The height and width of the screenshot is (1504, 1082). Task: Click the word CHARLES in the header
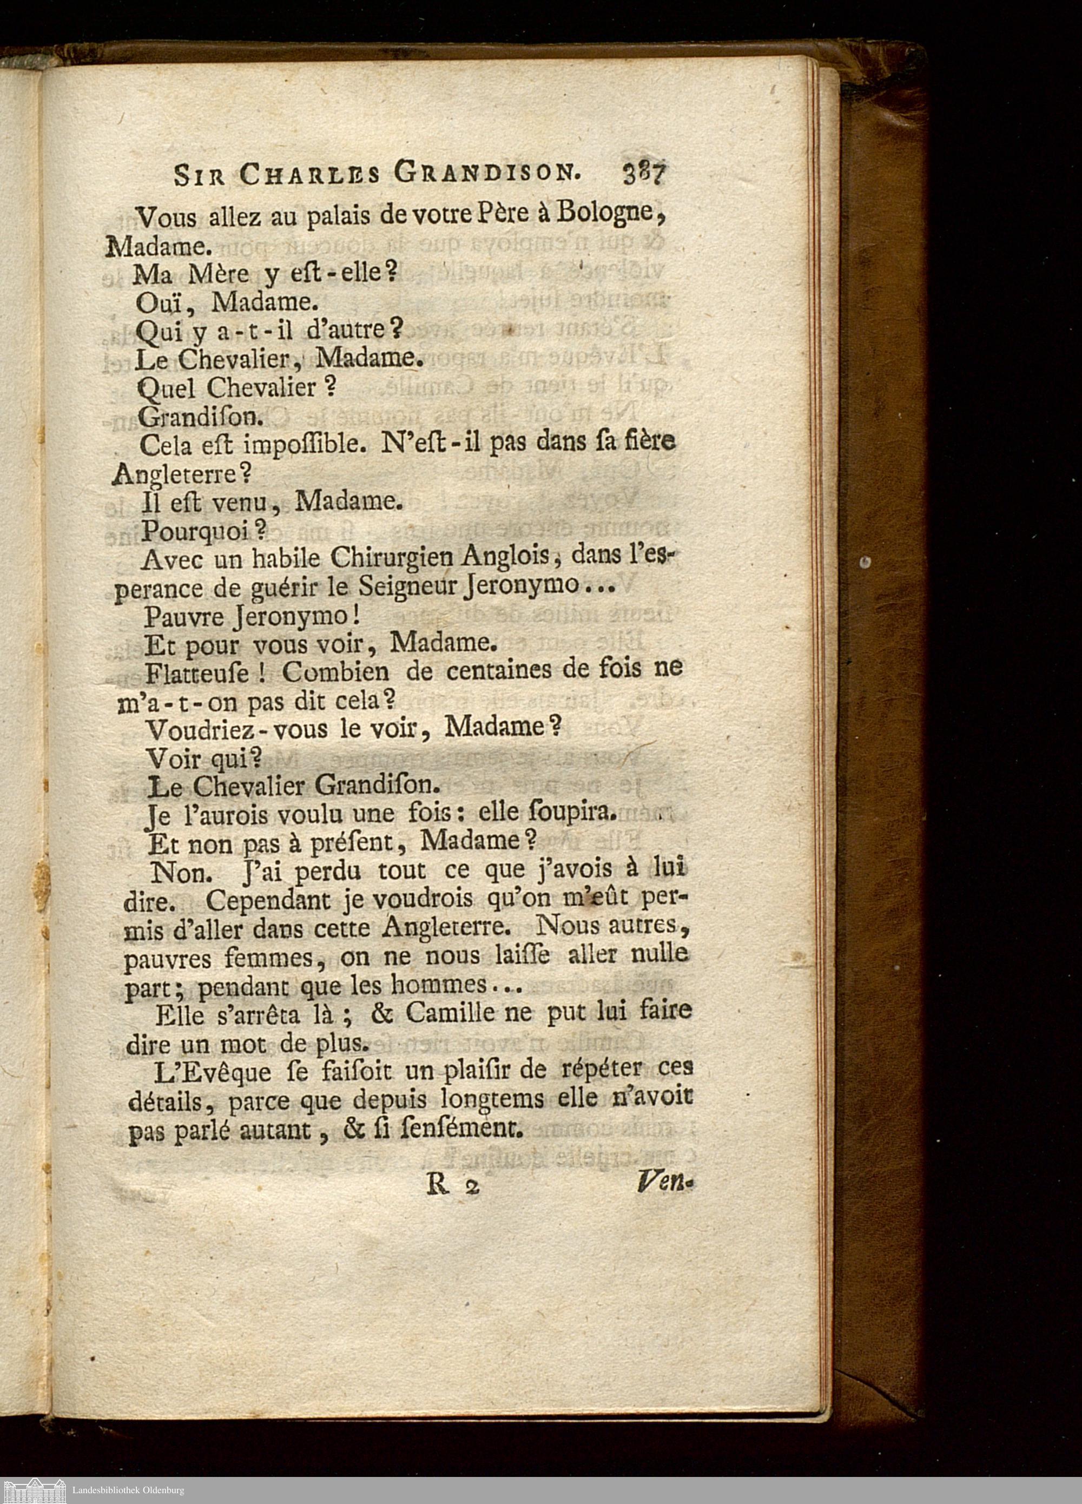(x=311, y=175)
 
